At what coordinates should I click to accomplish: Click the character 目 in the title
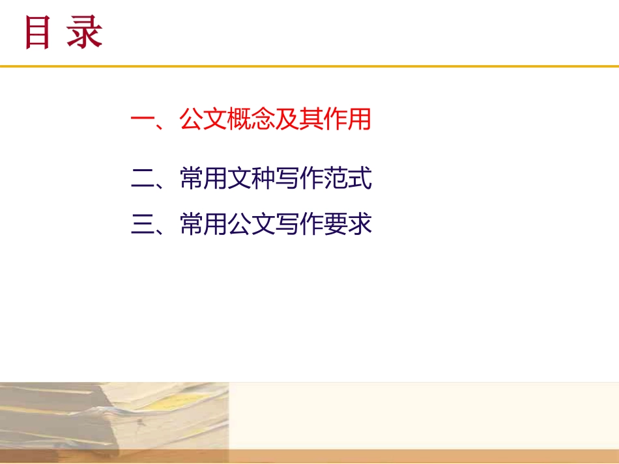click(37, 33)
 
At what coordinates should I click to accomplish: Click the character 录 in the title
click(85, 33)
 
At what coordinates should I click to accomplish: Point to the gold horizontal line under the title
click(309, 66)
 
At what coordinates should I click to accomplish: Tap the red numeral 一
click(142, 120)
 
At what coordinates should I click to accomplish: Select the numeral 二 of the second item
click(142, 178)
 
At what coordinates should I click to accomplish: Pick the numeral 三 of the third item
click(142, 225)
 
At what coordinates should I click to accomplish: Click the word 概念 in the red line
click(250, 120)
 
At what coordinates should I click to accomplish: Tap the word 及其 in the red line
click(298, 120)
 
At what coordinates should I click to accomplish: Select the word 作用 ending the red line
click(347, 120)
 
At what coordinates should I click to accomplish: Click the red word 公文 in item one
click(203, 120)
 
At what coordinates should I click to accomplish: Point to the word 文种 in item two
click(250, 178)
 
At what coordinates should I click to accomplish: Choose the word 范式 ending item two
click(347, 178)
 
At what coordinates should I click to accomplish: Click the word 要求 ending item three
click(347, 225)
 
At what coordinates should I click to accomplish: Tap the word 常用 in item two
click(203, 178)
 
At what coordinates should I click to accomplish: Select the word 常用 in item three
click(203, 225)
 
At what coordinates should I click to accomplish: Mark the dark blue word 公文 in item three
click(250, 225)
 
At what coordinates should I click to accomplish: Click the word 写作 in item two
click(298, 178)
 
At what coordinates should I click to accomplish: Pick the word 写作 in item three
click(298, 225)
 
